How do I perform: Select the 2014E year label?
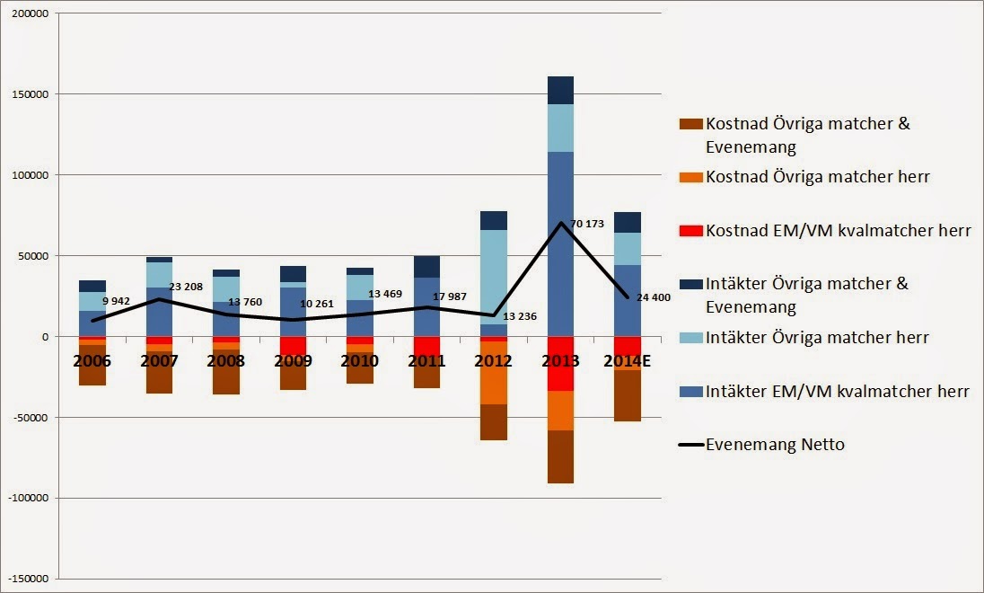pyautogui.click(x=628, y=361)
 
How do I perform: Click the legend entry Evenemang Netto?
pyautogui.click(x=775, y=444)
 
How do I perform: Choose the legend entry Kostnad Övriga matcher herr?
pyautogui.click(x=817, y=177)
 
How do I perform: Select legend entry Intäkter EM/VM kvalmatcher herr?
pyautogui.click(x=838, y=391)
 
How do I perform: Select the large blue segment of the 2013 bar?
pyautogui.click(x=560, y=243)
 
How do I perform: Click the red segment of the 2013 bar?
pyautogui.click(x=560, y=363)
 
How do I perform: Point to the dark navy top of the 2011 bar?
pyautogui.click(x=426, y=267)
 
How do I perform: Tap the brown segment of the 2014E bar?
pyautogui.click(x=628, y=395)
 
